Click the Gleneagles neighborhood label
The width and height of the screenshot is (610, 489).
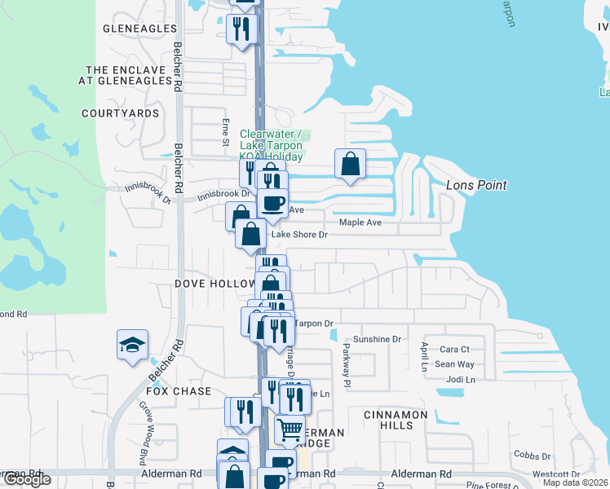pos(139,29)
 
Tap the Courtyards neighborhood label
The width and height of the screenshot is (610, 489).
pos(120,113)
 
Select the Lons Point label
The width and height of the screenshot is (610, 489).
pos(476,185)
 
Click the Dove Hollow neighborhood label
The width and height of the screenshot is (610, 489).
pos(215,284)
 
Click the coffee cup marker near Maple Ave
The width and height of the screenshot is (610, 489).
pos(272,203)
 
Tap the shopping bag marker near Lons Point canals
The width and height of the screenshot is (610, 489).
pos(350,164)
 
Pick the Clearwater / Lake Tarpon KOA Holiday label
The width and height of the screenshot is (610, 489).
pos(272,145)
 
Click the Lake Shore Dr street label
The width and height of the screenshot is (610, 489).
pos(298,235)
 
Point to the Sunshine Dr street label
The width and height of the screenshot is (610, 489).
pos(377,339)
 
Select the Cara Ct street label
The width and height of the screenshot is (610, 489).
pos(454,350)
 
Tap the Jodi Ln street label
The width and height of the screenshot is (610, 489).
pos(460,380)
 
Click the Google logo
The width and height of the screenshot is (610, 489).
pos(27,479)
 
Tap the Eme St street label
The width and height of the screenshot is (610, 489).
pos(226,133)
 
